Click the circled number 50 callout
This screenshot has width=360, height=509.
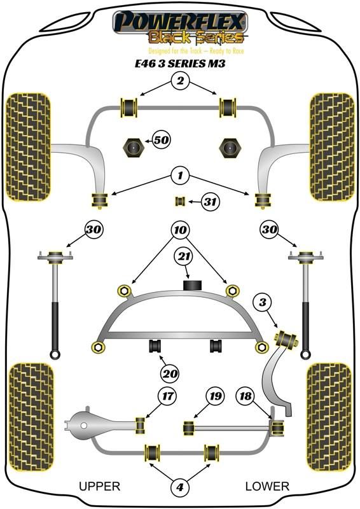162,140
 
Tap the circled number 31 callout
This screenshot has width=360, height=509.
211,202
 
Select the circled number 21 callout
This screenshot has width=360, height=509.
184,257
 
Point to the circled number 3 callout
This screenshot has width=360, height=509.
263,303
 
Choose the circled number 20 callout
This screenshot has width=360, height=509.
170,374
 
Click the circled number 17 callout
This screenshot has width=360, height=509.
168,396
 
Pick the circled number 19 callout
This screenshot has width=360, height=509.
216,396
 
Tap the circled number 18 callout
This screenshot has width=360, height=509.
246,396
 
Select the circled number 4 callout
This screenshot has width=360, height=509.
180,487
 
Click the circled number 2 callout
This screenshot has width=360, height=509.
180,80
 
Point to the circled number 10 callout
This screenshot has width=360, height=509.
180,230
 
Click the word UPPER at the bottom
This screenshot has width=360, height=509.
100,486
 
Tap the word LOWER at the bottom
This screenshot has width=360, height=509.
267,486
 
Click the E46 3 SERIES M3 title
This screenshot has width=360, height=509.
180,63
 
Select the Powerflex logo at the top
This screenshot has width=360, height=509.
180,27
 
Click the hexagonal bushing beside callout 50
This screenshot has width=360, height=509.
132,148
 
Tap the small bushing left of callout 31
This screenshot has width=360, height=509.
180,201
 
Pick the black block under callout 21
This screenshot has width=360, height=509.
193,284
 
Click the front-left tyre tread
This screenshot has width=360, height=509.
29,147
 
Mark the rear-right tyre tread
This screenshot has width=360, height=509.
329,417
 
